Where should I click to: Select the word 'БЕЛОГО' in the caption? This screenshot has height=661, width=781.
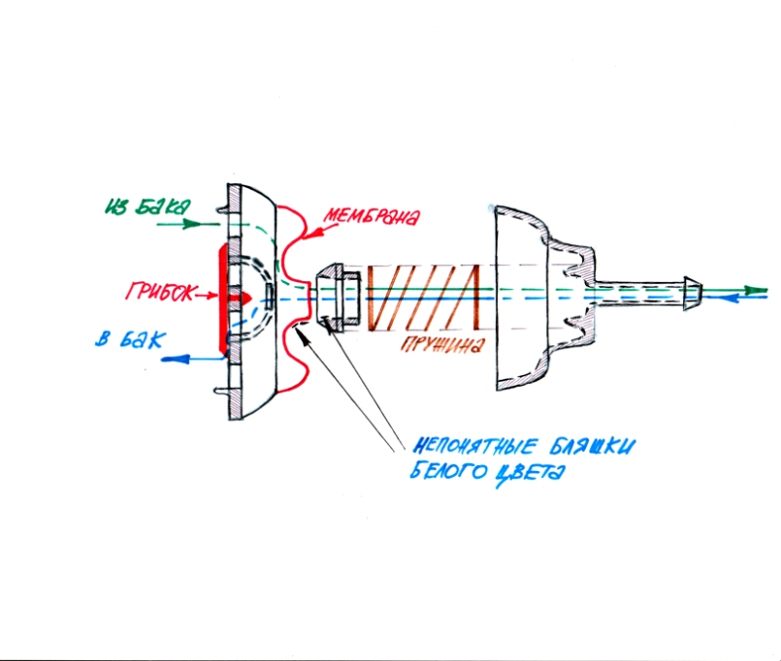(444, 475)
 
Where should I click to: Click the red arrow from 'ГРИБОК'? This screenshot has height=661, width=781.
(207, 290)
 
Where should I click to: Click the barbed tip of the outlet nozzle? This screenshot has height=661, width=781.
(692, 293)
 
